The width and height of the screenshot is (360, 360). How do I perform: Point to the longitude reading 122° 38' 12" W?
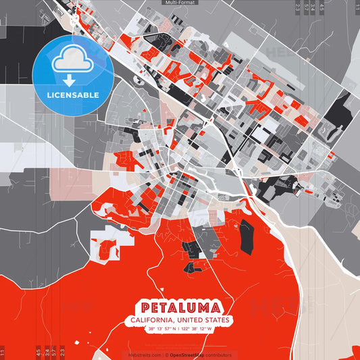(x=197, y=329)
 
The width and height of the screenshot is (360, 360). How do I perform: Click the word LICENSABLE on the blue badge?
(x=72, y=95)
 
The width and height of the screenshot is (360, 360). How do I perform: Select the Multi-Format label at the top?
(x=180, y=3)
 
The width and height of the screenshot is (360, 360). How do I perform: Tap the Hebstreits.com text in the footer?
(x=144, y=355)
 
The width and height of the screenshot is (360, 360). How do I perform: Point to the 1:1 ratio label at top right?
(x=356, y=7)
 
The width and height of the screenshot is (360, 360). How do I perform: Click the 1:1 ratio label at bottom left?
(x=3, y=352)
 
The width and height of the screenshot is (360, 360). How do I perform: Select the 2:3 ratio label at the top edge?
(x=298, y=7)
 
